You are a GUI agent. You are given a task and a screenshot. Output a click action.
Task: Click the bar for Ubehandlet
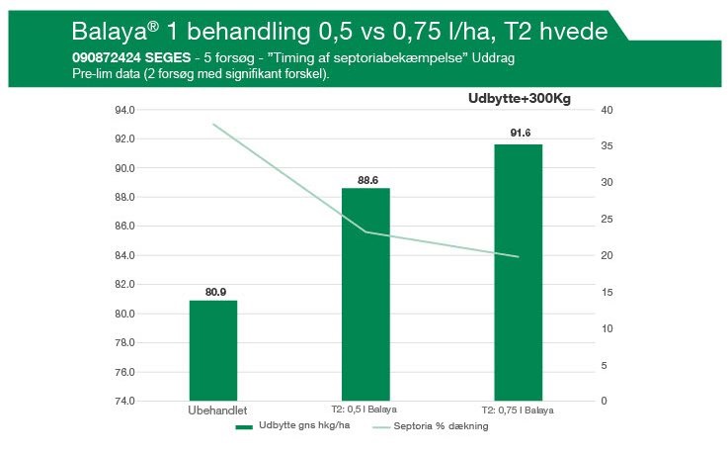coord(213,350)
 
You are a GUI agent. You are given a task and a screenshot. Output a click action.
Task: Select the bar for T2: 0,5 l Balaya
coord(365,294)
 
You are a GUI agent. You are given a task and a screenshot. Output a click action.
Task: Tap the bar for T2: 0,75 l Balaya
coord(519,272)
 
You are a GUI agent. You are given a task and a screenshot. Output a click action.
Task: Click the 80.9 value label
coord(216,292)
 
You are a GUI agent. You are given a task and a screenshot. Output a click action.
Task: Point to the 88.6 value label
coord(367,180)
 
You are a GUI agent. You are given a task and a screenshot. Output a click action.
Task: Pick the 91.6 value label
coord(521,133)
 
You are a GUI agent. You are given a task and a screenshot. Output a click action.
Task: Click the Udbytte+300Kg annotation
coord(519,99)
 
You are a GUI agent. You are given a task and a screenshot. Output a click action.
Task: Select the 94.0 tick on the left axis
coord(124,110)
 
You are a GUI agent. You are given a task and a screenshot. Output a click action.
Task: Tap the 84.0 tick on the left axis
coord(124,255)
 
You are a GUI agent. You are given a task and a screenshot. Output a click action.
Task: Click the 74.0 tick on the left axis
coord(124,401)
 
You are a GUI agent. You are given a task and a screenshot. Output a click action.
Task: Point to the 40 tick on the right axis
coord(607,110)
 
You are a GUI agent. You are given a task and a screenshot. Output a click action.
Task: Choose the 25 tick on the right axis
coord(607,219)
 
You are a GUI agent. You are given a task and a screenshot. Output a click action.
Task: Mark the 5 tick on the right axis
coord(605,365)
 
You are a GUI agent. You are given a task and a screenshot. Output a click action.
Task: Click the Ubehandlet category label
coord(217,410)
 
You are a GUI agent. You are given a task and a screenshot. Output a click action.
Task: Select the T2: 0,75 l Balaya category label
coord(518,410)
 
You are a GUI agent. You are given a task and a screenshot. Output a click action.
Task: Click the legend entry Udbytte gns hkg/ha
coord(293,425)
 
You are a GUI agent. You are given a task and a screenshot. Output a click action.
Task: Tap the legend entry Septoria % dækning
coord(431,425)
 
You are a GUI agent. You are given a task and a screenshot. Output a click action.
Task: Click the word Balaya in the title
coord(110,32)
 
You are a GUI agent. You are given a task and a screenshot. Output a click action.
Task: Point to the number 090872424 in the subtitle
coord(107,57)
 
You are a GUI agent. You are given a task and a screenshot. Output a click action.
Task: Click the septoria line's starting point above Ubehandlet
coord(213,125)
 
